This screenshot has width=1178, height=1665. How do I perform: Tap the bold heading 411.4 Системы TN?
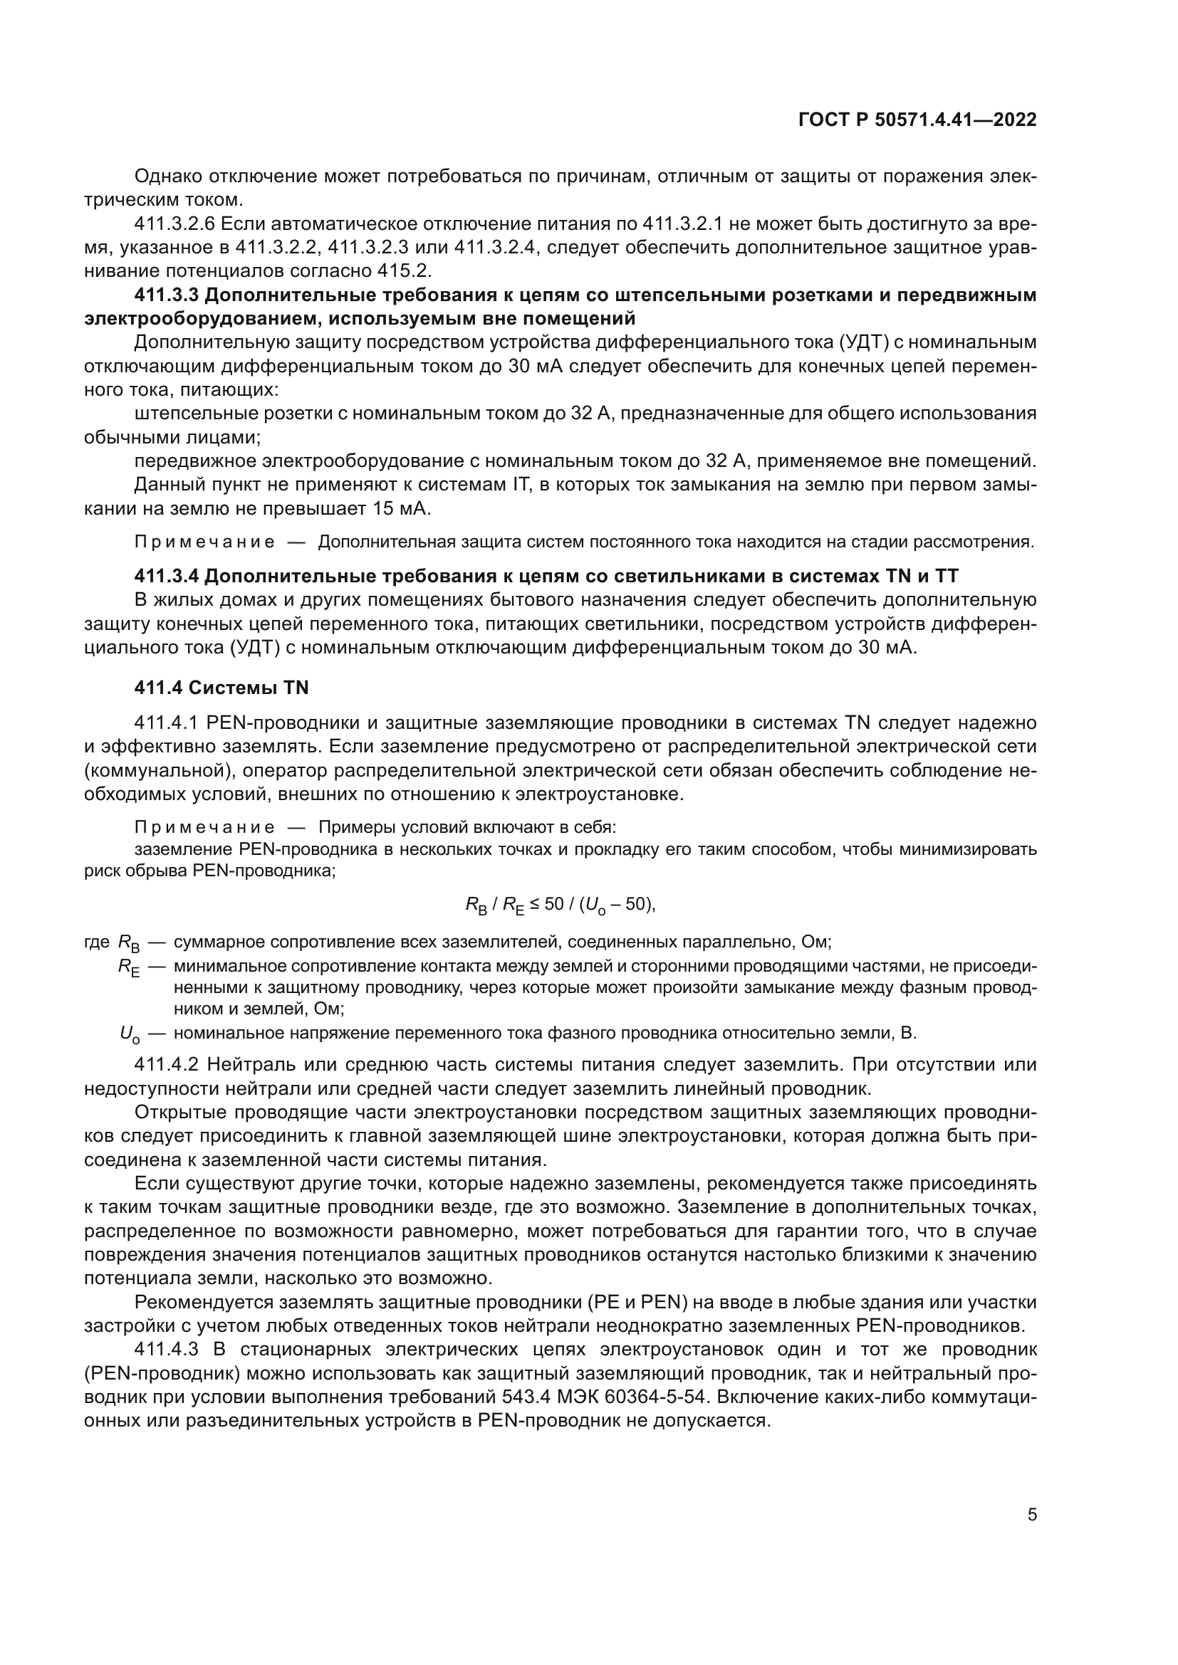point(221,688)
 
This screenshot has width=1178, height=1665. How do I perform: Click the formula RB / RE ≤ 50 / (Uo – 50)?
point(560,905)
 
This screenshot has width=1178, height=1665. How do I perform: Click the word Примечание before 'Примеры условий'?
point(204,827)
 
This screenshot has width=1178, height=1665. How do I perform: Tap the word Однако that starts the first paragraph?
point(168,177)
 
